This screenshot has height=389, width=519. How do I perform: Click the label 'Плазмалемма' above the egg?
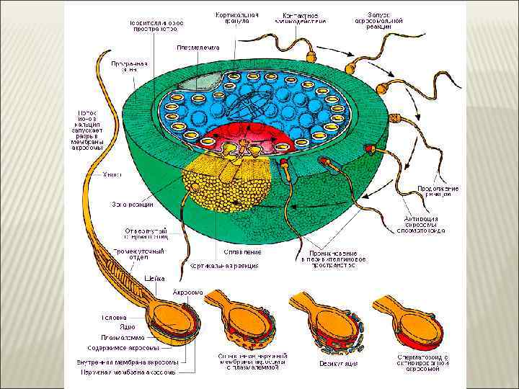pyautogui.click(x=195, y=49)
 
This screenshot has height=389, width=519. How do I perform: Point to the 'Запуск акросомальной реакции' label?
pyautogui.click(x=380, y=18)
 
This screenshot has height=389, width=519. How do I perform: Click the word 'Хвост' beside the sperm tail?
pyautogui.click(x=111, y=174)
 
